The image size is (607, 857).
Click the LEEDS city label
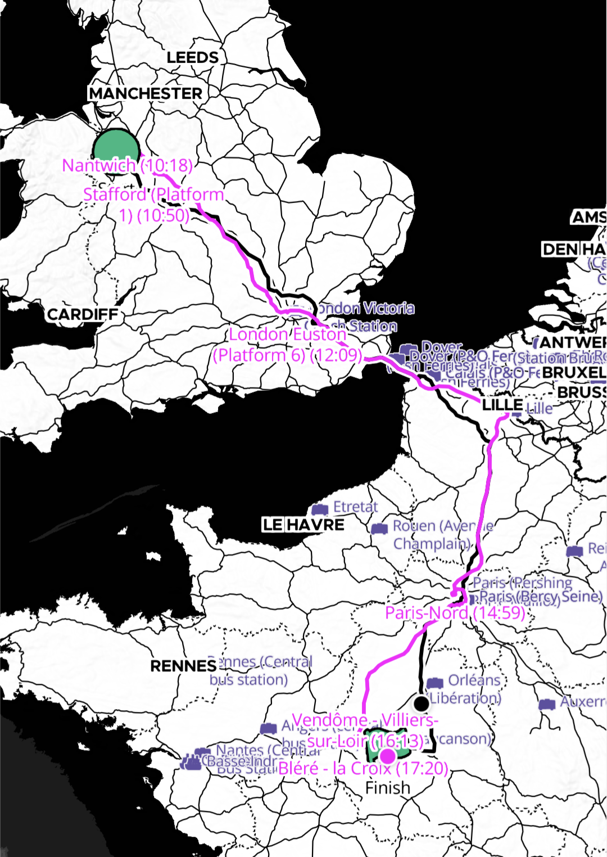tap(192, 57)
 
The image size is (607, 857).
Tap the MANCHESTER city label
tap(146, 93)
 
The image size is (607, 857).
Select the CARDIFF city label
tap(83, 314)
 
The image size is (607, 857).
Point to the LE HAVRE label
tap(303, 525)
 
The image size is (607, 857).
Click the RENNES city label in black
tap(183, 666)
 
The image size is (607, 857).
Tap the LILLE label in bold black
tap(502, 405)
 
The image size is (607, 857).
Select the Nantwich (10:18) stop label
tap(127, 165)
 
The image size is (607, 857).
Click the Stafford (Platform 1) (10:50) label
tap(153, 205)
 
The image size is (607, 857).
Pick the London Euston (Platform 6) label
tap(287, 345)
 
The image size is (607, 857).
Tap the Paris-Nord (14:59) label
tap(455, 612)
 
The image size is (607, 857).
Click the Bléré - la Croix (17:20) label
tap(363, 768)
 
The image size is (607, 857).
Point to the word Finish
tap(387, 788)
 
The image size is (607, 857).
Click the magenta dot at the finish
tap(387, 756)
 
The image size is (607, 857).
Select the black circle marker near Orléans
tap(422, 703)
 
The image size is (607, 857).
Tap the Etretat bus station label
tap(355, 507)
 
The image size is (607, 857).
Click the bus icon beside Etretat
tap(320, 509)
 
